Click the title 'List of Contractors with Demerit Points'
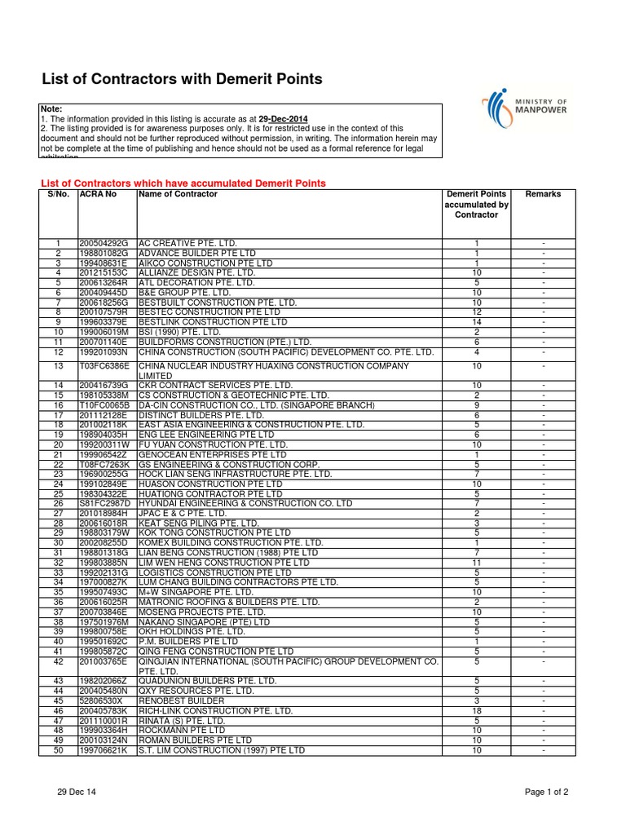[x=182, y=79]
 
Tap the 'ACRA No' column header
[x=98, y=195]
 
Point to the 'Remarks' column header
[x=543, y=195]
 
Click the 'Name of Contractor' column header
[x=179, y=195]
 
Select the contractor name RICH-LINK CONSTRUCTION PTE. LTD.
[x=215, y=711]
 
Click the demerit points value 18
[x=476, y=711]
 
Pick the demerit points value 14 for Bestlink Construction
[x=476, y=322]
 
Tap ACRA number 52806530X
[x=101, y=701]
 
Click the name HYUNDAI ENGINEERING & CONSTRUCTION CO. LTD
[x=245, y=503]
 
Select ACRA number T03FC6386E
[x=104, y=367]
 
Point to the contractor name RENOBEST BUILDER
[x=181, y=701]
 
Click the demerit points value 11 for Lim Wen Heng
[x=476, y=563]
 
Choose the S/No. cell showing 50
[x=58, y=750]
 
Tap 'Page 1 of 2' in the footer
[x=546, y=792]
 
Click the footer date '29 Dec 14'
[x=77, y=792]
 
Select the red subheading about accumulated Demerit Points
[x=183, y=183]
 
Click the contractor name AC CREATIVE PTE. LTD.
[x=187, y=244]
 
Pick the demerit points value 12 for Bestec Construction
[x=476, y=312]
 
